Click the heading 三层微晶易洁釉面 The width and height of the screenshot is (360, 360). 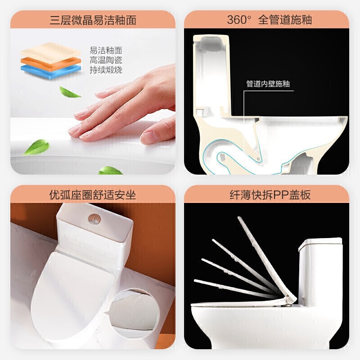(93, 20)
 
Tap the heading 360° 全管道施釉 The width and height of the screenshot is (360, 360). (269, 19)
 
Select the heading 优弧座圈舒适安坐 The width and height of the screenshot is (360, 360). (93, 195)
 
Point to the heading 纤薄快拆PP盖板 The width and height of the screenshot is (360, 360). (270, 195)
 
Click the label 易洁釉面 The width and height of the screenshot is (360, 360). (106, 50)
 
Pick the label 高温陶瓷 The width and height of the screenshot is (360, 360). (106, 60)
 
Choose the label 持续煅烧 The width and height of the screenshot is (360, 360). (106, 70)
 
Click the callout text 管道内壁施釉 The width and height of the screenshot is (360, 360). (268, 84)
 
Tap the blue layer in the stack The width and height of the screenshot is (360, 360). (51, 72)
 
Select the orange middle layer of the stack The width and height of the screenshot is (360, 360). (51, 63)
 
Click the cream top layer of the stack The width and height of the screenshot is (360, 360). (51, 52)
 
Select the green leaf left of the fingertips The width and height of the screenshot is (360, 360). (37, 147)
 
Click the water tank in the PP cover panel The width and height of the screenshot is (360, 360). (320, 272)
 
